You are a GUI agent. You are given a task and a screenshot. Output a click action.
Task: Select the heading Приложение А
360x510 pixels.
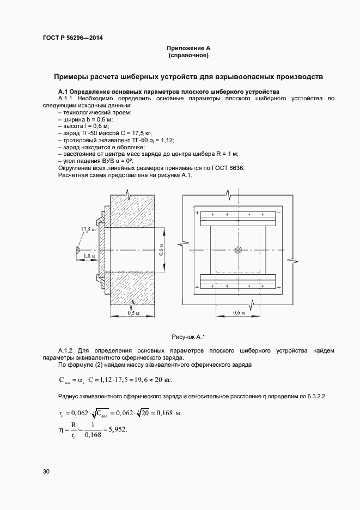click(189, 48)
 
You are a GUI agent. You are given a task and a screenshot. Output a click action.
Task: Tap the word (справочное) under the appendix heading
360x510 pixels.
click(189, 56)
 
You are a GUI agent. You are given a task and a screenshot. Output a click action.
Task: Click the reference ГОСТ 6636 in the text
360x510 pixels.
click(229, 168)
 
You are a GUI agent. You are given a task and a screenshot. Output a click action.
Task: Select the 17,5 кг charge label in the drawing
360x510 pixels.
click(89, 230)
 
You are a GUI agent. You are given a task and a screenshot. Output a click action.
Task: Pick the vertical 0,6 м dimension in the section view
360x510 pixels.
click(161, 250)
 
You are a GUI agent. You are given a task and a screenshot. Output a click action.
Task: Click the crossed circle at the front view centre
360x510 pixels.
click(237, 250)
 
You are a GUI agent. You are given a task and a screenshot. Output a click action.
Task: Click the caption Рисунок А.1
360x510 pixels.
click(188, 337)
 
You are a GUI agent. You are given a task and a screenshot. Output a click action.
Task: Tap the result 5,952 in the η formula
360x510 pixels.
click(117, 429)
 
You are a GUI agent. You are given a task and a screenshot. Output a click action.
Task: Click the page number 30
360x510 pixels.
click(46, 471)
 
